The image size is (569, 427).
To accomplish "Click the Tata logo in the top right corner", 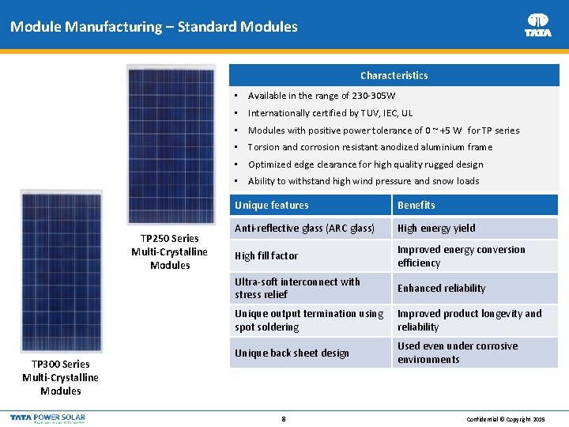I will point(538,25).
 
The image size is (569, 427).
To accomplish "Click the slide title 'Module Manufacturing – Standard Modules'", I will point(154,27).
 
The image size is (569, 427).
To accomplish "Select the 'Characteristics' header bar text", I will point(394,76).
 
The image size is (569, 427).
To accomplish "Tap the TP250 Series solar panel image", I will point(171,145).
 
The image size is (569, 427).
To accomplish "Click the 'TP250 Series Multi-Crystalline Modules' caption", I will point(170,251).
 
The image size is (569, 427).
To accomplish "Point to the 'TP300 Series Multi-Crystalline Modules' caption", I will point(61,377).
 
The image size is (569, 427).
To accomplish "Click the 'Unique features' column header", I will point(272,206).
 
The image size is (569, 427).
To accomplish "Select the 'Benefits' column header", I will point(416,206).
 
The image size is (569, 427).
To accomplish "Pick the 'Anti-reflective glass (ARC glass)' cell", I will point(304,229).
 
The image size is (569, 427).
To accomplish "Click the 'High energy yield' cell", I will point(436,229).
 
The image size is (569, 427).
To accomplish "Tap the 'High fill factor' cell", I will point(266,256).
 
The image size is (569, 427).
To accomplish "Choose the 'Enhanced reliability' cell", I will point(441,289).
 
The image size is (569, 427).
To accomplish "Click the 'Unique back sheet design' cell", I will point(292,353).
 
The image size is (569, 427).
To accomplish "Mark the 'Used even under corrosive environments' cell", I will point(458,353).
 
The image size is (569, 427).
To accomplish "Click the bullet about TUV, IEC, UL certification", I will point(341,113).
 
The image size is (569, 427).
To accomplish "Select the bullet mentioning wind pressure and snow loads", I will point(364,181).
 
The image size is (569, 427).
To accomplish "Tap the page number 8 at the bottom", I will point(284,418).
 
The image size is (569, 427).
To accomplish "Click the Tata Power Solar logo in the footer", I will point(47,418).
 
